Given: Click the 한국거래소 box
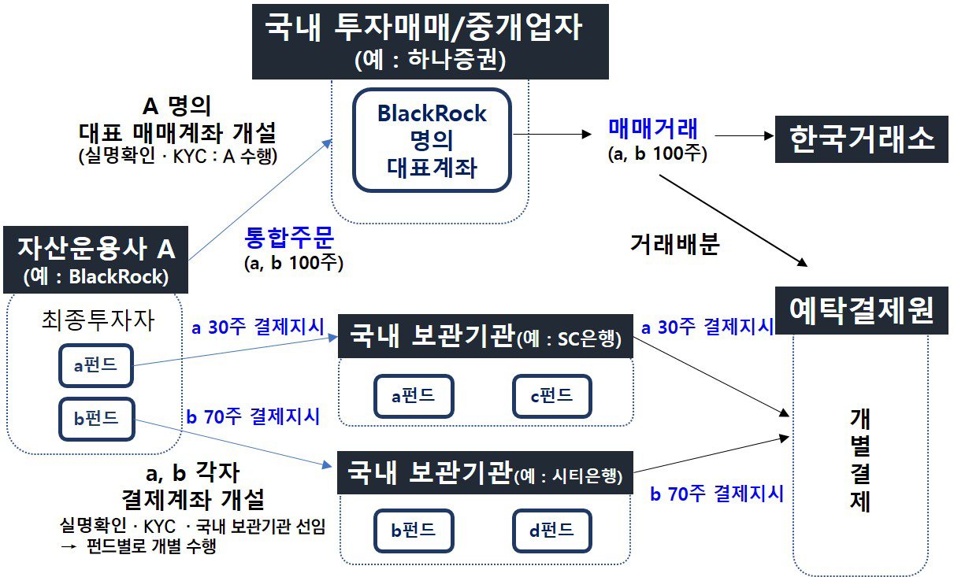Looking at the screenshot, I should pos(862,139).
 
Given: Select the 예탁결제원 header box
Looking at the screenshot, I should pos(862,312).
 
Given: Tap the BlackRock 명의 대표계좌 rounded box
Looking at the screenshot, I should pos(432,140).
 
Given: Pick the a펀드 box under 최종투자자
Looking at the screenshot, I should pos(96,365).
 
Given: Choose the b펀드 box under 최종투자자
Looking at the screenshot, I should pos(96,419).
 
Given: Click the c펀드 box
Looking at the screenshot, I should pos(551,396).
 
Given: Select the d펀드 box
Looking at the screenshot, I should pos(551,530).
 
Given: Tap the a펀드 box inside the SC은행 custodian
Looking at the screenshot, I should pos(414,396).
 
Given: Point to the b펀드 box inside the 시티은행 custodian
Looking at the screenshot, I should pos(414,530).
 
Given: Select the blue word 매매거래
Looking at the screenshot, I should pos(652,128).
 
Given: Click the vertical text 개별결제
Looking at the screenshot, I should pos(860,460).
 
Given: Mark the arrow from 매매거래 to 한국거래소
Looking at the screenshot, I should pos(741,135).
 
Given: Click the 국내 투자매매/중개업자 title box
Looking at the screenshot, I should pos(431,39).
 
